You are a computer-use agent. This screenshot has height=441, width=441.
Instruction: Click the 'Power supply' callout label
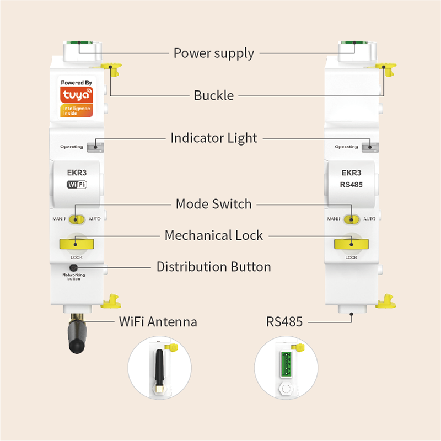click(x=213, y=53)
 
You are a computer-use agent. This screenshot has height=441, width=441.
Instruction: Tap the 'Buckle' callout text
click(x=213, y=95)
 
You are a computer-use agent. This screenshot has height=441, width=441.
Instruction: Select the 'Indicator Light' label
click(x=213, y=138)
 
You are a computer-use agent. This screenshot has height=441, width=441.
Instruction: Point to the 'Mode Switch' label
click(x=213, y=204)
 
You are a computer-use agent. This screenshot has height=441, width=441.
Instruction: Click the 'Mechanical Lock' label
click(x=213, y=236)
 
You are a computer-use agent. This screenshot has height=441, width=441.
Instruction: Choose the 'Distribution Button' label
click(x=213, y=267)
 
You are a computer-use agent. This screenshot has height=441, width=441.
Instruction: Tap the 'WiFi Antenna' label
click(x=158, y=322)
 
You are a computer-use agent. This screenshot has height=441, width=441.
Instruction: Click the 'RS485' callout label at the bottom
click(x=284, y=322)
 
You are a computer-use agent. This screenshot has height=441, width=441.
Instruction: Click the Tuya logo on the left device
click(x=77, y=98)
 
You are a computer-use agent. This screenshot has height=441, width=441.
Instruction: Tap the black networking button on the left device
click(x=73, y=267)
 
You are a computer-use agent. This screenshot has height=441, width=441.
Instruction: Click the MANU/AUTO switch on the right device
click(x=351, y=219)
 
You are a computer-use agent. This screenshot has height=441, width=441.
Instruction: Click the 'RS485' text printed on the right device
click(x=351, y=185)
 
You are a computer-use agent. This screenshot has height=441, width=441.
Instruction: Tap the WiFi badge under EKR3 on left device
click(x=77, y=185)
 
